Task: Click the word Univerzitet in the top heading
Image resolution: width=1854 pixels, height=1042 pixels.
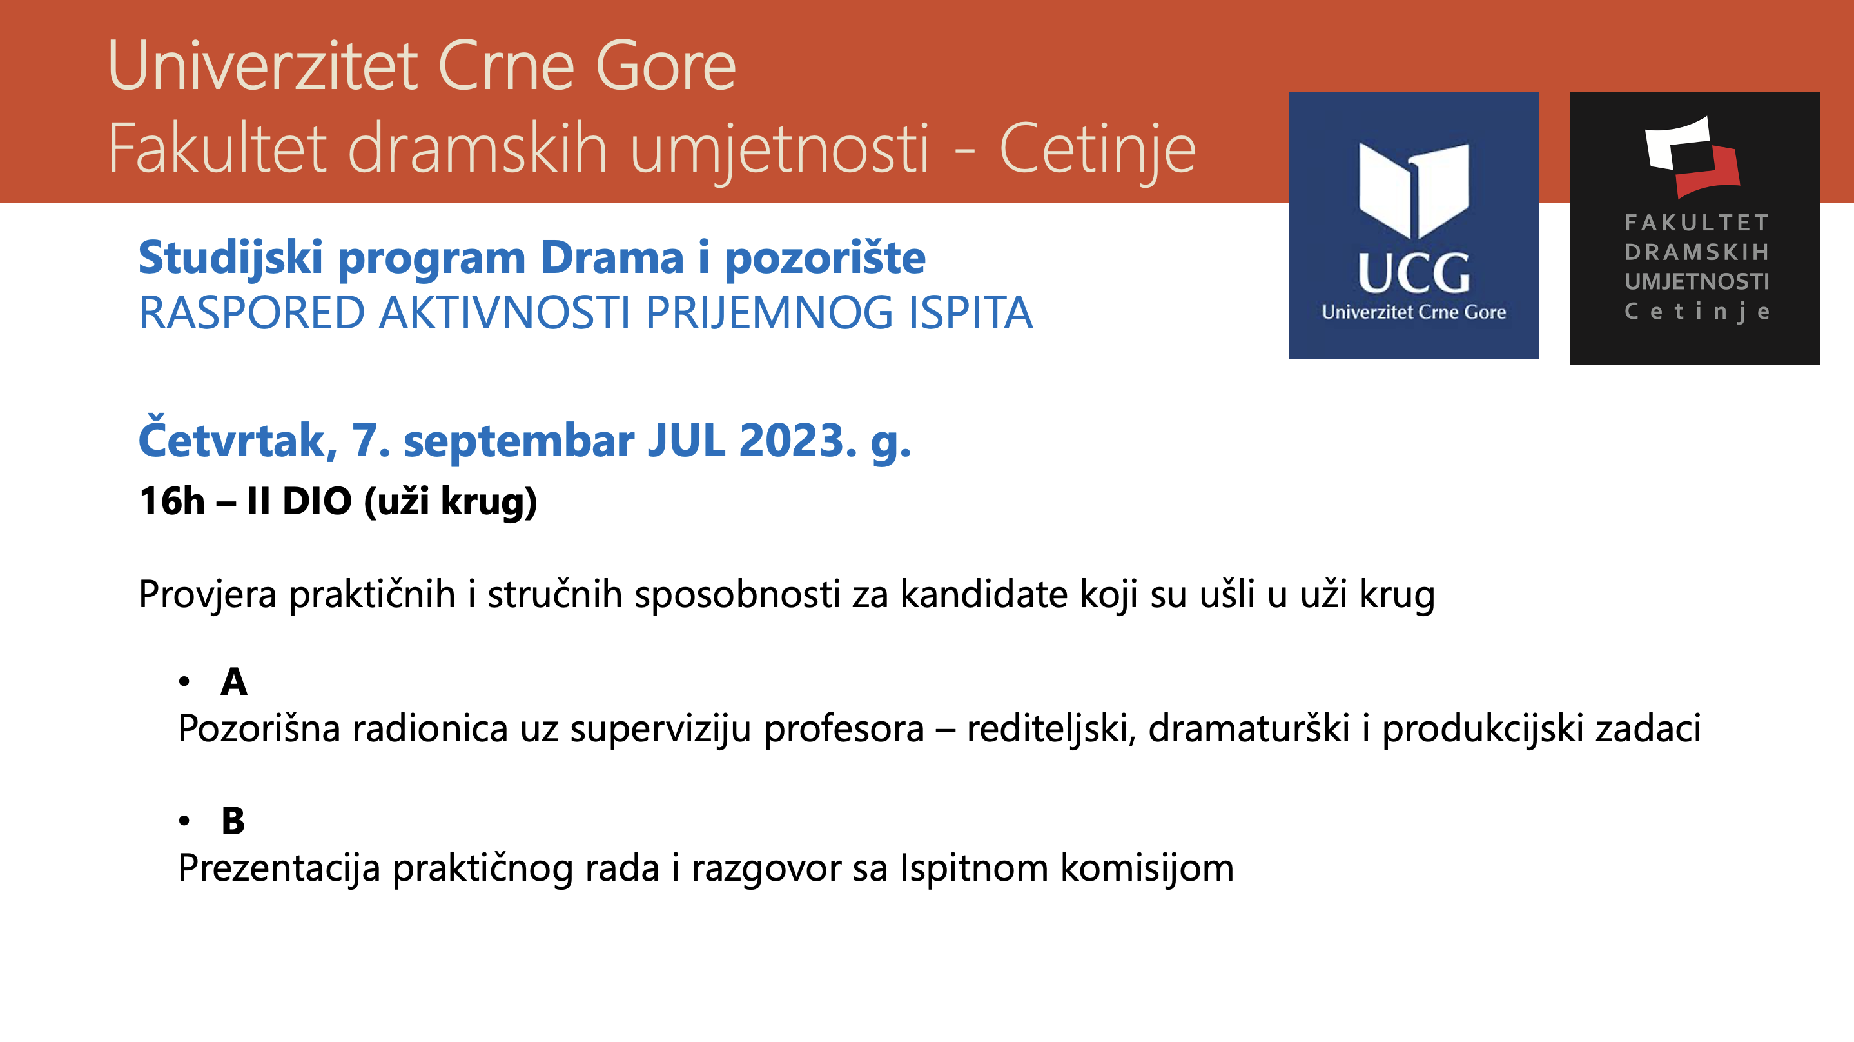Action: (263, 66)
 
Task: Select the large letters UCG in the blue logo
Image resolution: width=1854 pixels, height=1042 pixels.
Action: (1414, 273)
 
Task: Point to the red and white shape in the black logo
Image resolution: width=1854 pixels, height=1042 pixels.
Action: (1692, 157)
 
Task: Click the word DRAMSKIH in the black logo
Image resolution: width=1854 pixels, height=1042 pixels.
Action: (1696, 252)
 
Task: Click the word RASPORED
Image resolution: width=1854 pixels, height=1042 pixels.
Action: (252, 314)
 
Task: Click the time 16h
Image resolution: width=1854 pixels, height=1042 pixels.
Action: (172, 501)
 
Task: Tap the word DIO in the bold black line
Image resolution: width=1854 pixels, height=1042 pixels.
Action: (317, 501)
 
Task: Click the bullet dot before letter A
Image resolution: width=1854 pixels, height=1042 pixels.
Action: (185, 681)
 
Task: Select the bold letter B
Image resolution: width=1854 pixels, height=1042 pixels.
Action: (233, 821)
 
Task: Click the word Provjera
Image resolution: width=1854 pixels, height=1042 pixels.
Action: (208, 596)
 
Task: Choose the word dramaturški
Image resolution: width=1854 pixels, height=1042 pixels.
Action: (1249, 728)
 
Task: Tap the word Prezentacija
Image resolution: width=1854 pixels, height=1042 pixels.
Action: (278, 868)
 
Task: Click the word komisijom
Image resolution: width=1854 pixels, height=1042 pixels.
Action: (1147, 868)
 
